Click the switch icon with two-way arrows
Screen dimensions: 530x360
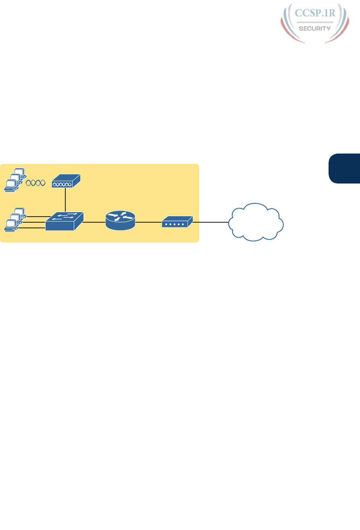pos(64,221)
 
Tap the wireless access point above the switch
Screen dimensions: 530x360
pos(66,181)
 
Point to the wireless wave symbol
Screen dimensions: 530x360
pos(35,183)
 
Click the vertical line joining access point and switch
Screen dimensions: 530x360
pos(65,199)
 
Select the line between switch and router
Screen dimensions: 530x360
pos(94,221)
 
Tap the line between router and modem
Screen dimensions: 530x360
pos(148,222)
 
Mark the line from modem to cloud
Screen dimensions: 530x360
pos(210,222)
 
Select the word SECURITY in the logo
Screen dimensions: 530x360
pos(315,29)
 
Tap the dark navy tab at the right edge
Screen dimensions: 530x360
pos(344,168)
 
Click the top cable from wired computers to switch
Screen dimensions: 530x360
pos(35,217)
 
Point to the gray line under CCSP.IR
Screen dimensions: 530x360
pos(314,22)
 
